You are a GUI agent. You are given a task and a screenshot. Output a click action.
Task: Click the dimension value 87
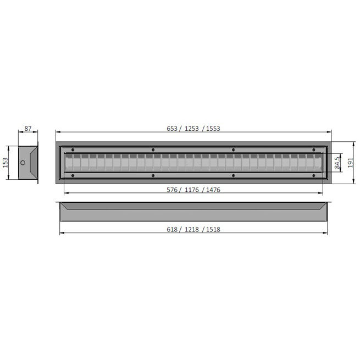[28, 129]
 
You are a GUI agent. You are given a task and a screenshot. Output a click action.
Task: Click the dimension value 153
[5, 163]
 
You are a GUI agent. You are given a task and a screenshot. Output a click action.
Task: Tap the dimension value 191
[350, 163]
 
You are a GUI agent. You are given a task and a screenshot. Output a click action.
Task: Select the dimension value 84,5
[337, 163]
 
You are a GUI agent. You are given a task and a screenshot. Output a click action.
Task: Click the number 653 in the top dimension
[172, 129]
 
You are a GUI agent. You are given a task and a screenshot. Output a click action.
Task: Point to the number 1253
[192, 129]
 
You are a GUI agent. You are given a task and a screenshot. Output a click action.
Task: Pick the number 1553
[213, 129]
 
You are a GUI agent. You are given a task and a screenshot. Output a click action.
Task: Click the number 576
[172, 190]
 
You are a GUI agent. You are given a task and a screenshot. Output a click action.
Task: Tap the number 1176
[192, 190]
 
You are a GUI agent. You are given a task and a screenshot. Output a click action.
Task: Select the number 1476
[213, 190]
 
